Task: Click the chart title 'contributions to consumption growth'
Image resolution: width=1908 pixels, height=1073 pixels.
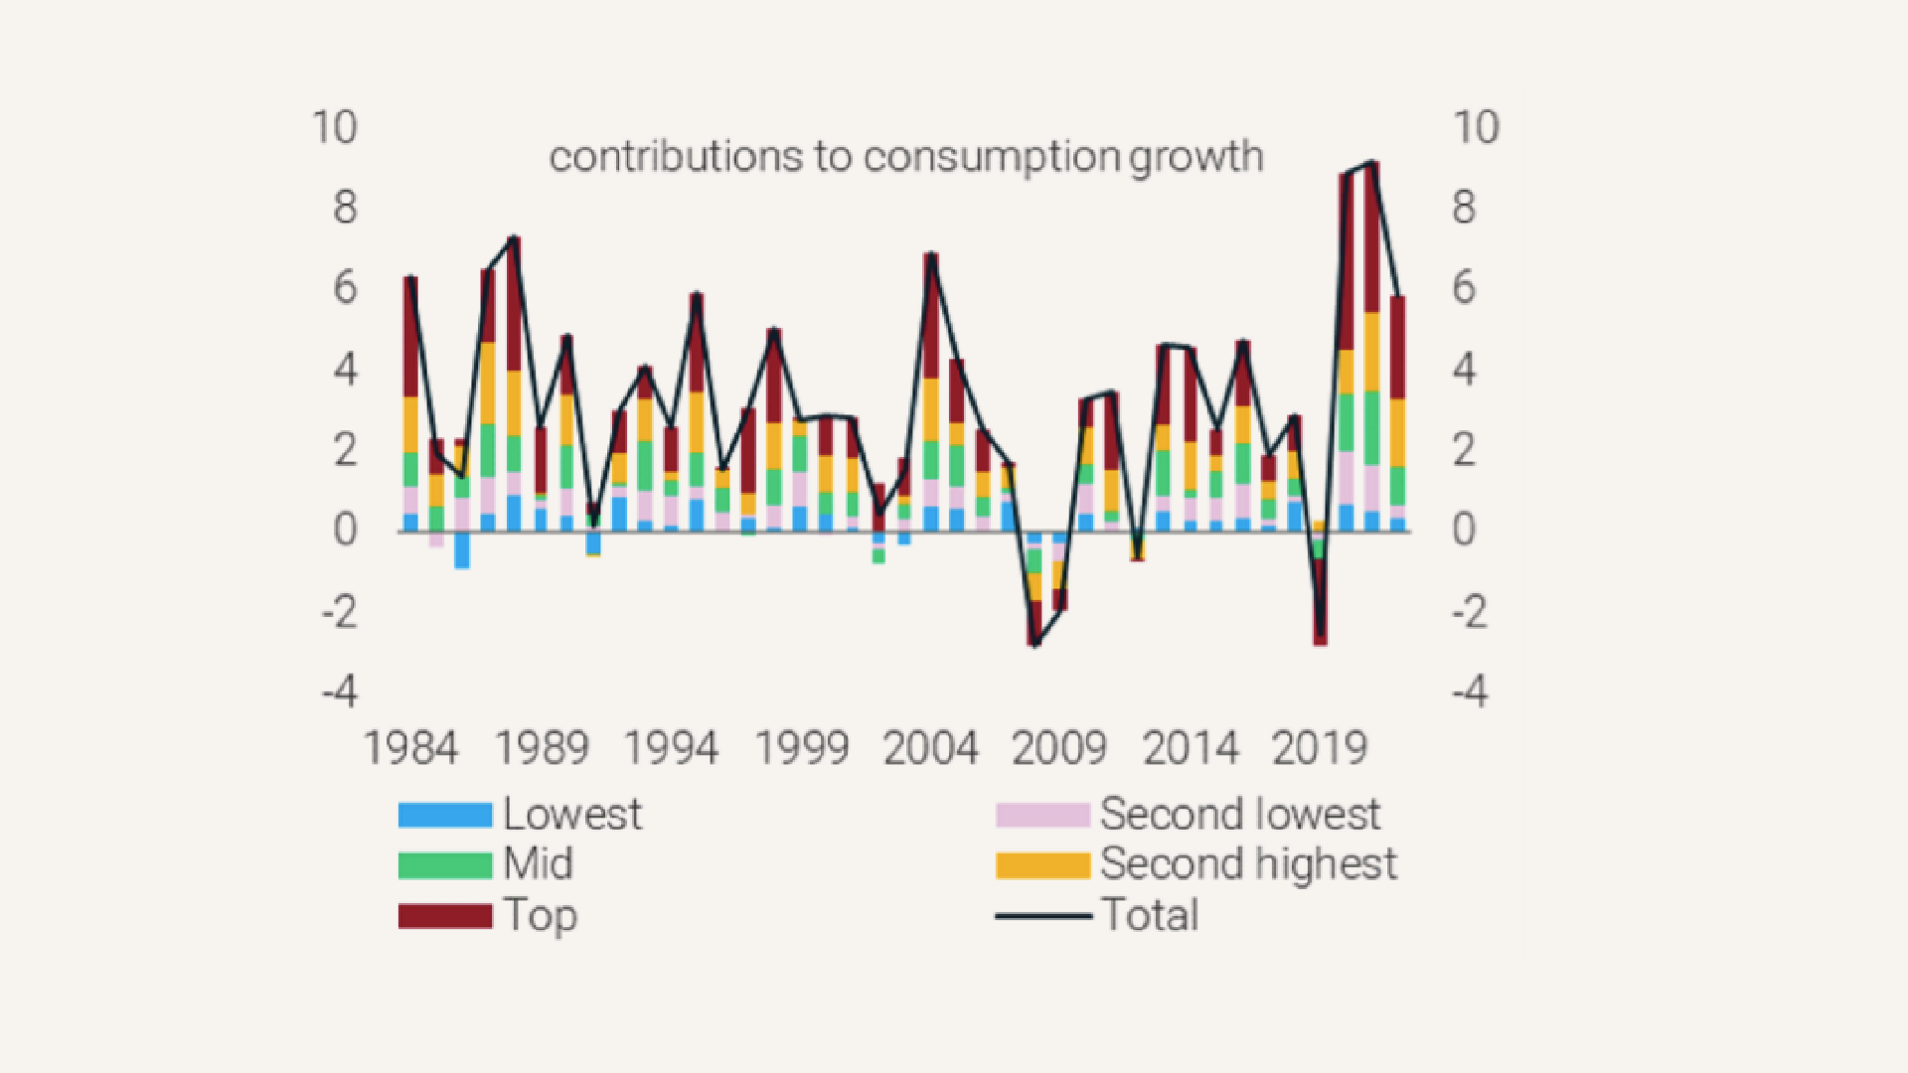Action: (x=905, y=157)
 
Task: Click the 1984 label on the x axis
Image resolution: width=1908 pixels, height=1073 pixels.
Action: (x=410, y=748)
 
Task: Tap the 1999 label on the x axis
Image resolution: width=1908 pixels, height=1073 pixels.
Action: (x=801, y=748)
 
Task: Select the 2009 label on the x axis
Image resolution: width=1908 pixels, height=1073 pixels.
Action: (x=1059, y=748)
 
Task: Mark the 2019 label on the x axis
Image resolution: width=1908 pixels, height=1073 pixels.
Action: (x=1320, y=748)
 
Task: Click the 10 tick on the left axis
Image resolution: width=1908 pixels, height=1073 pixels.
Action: (x=335, y=128)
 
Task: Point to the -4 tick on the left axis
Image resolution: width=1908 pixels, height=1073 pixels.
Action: (x=340, y=690)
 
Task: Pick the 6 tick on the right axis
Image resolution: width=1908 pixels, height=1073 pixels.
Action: (x=1464, y=289)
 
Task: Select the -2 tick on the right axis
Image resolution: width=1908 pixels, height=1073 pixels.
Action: (x=1470, y=611)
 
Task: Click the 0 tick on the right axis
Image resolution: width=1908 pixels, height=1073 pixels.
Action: (x=1464, y=531)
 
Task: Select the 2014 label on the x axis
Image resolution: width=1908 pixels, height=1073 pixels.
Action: (x=1191, y=748)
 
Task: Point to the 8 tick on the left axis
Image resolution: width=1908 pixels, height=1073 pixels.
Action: (x=345, y=209)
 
